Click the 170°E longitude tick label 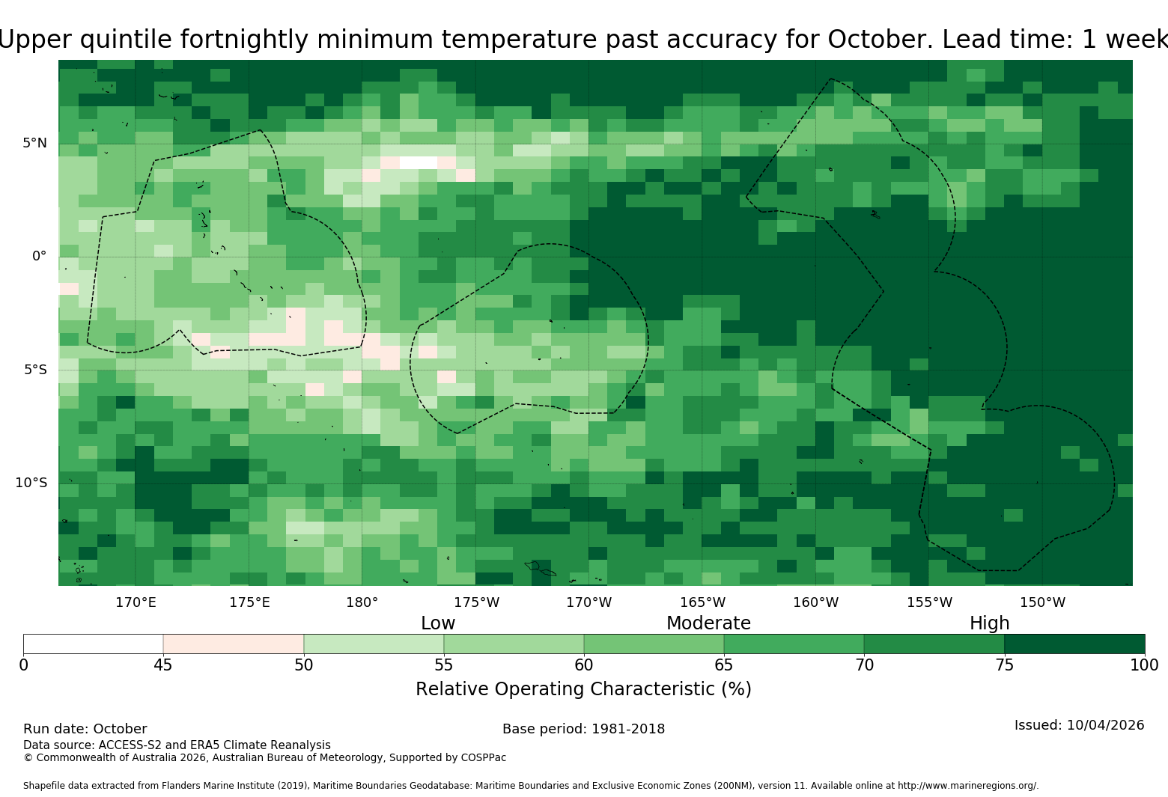coord(136,602)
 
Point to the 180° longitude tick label coord(362,602)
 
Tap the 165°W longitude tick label coord(702,602)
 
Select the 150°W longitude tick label coord(1042,602)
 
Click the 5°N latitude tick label coord(34,143)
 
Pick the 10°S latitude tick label coord(31,483)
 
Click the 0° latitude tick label coord(39,256)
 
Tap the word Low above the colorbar coord(438,623)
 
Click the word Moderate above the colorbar coord(708,623)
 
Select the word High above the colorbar coord(990,623)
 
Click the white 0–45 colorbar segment coord(94,644)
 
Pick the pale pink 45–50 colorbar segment coord(234,644)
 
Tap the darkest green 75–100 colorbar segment coord(1074,644)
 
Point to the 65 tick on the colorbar coord(724,665)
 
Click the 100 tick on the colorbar coord(1145,665)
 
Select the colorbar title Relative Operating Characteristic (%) coord(583,689)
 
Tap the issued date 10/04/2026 coord(1105,725)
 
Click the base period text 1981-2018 coord(627,729)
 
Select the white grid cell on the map coord(419,162)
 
